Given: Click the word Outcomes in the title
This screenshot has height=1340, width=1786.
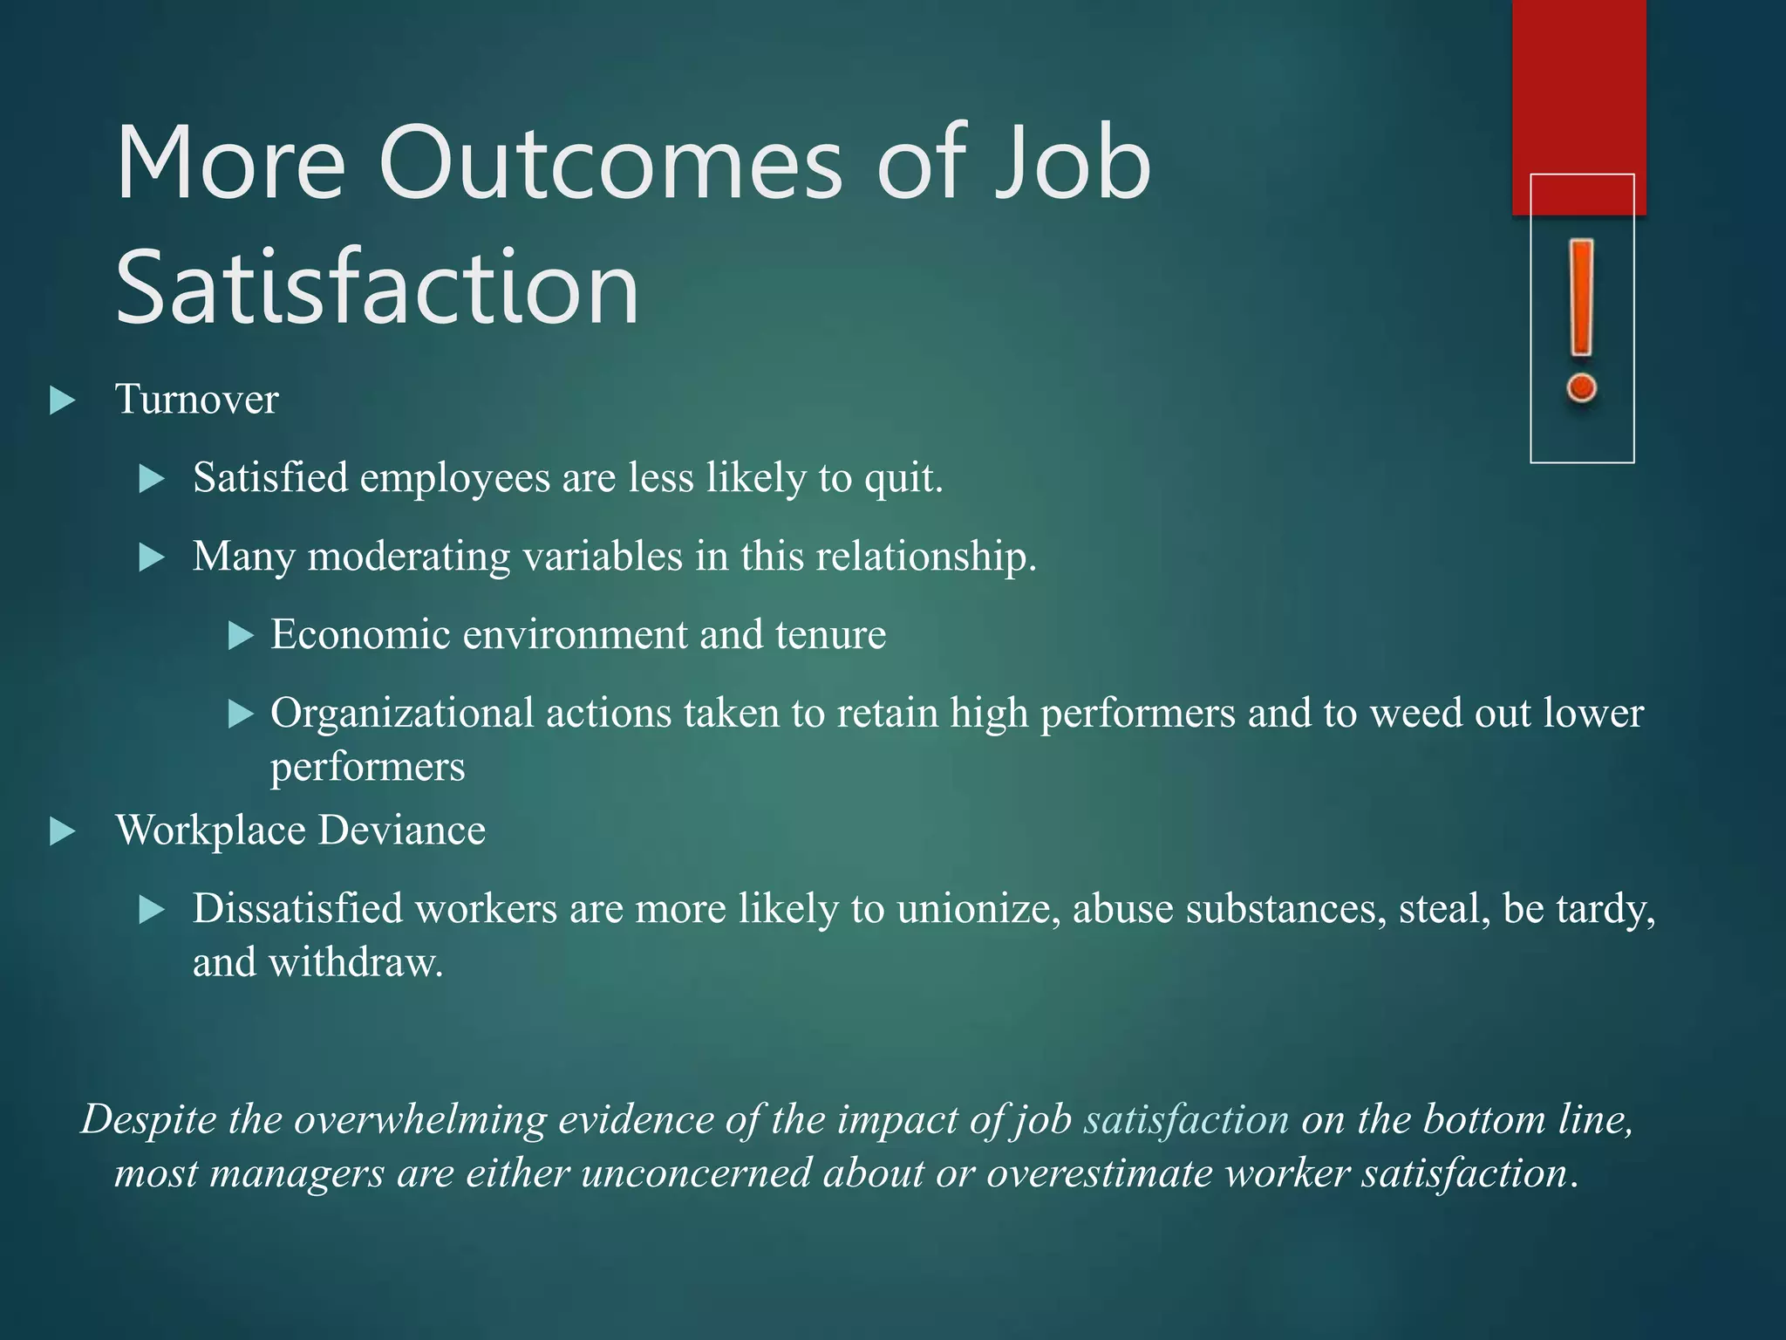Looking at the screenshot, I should coord(610,163).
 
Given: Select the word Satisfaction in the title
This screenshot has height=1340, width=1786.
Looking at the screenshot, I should coord(378,287).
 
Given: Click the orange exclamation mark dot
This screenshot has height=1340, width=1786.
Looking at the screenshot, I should coord(1581,387).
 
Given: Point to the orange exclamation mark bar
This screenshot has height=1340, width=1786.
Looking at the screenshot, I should coord(1581,297).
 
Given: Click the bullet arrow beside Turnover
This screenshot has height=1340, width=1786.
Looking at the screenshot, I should coord(62,401).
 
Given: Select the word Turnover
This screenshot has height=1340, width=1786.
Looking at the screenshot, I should coord(197,400).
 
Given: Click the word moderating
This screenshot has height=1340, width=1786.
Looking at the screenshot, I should coord(409,557).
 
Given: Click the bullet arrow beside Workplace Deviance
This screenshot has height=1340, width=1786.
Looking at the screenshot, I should coord(62,831).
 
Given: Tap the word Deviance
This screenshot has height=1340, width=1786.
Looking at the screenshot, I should coord(402,830).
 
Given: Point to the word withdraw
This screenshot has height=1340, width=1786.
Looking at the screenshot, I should coord(355,963).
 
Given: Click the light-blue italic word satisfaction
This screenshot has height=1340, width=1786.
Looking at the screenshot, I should coord(1186,1119).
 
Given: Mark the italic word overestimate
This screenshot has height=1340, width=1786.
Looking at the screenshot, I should coord(1100,1173).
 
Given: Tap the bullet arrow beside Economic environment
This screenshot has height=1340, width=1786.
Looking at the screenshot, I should coord(240,635).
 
